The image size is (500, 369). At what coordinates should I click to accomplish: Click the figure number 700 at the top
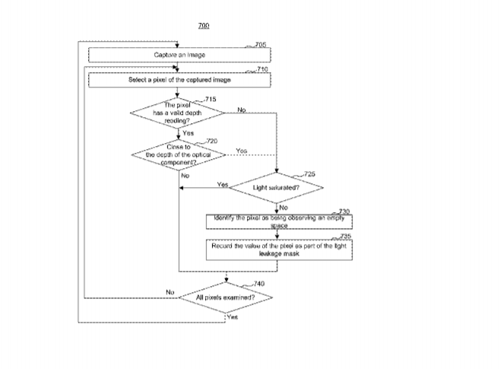coord(203,26)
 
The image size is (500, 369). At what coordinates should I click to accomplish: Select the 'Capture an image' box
coord(179,55)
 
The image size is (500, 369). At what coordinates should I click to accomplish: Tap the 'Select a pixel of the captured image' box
coord(179,79)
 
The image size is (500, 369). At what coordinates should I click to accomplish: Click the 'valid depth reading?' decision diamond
coord(178,112)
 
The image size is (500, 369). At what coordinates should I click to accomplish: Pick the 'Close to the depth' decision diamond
coord(179,154)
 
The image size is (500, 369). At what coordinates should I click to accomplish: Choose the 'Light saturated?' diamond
coord(277,186)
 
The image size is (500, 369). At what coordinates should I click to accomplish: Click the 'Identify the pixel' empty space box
coord(280,221)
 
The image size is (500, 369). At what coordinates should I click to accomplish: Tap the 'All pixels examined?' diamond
coord(225,297)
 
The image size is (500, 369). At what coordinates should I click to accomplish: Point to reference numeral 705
coord(261,45)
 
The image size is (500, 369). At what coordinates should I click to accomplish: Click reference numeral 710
coord(262,69)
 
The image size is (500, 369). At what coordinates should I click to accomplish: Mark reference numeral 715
coord(210,99)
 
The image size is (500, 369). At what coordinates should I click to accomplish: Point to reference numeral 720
coord(211,141)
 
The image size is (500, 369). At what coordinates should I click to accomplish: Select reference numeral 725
coord(309,174)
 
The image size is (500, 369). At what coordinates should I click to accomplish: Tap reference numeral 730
coord(343,211)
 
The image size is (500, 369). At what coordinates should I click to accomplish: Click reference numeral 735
coord(345,237)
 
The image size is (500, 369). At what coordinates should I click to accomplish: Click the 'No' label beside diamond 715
coord(242,110)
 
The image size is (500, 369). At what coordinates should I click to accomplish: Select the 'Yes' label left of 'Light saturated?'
coord(222,184)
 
